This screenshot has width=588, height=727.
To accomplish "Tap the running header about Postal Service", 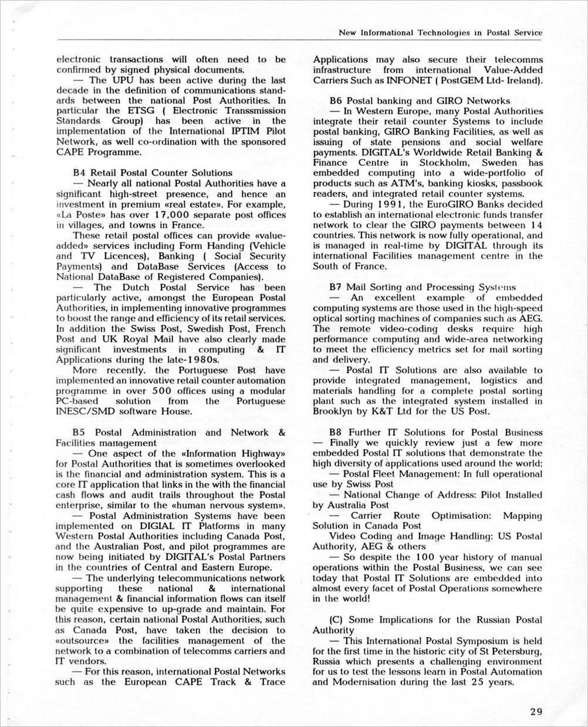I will click(441, 33).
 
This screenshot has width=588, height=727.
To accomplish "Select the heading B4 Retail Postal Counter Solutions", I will click(153, 173).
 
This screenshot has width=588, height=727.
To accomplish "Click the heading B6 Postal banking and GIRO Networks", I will click(420, 100).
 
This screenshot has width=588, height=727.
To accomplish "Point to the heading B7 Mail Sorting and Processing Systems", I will click(423, 287).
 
